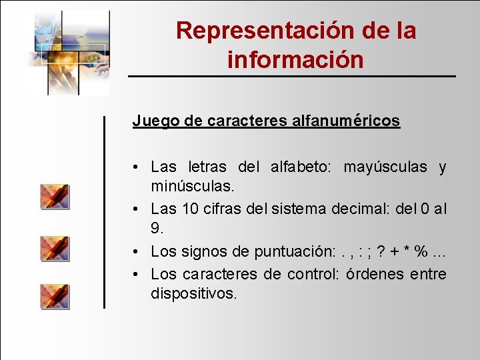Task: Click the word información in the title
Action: (295, 60)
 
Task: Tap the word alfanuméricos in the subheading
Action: (346, 121)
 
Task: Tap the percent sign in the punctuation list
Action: (421, 252)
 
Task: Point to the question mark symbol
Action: (381, 252)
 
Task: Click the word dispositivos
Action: (194, 293)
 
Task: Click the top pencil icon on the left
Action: (54, 197)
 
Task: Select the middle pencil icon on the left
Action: (54, 247)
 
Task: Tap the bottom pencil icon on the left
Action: (54, 296)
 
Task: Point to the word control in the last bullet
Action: (309, 274)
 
